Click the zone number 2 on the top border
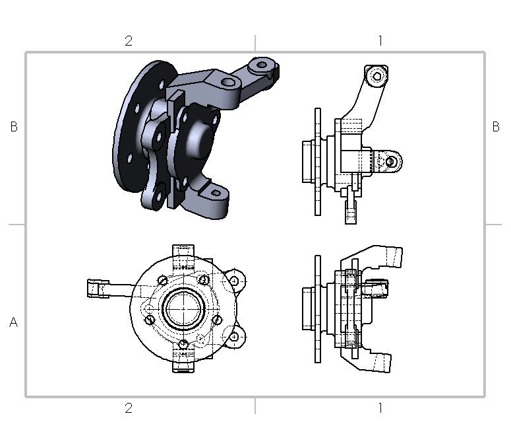click(x=129, y=41)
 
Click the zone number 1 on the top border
click(x=380, y=41)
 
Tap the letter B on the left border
click(x=14, y=127)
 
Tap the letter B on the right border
click(x=496, y=127)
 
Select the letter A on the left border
click(x=14, y=323)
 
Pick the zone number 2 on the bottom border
click(x=129, y=408)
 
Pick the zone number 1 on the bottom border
click(x=380, y=408)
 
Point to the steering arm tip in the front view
click(x=96, y=289)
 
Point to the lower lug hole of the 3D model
click(x=215, y=193)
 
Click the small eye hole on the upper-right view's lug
click(x=392, y=160)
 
